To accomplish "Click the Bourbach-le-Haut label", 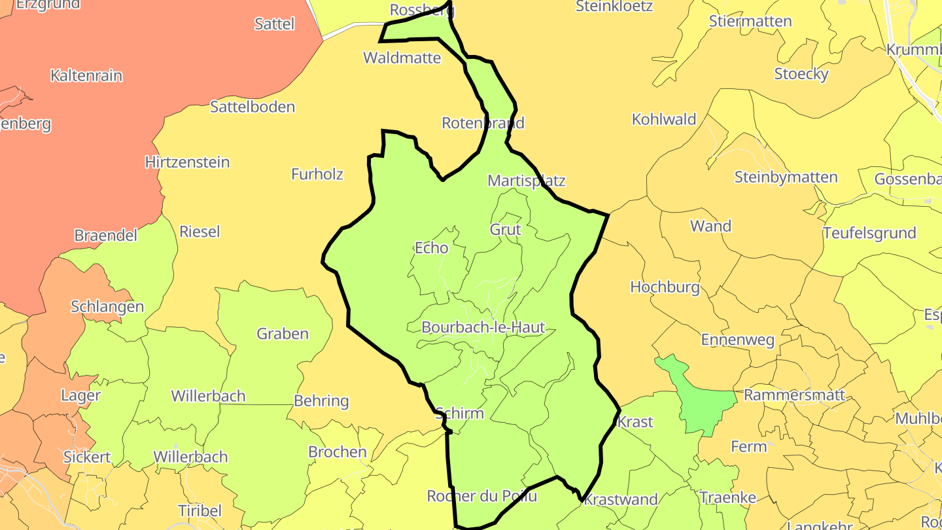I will [483, 327].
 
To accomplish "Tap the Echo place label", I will [432, 248].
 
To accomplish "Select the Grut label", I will [506, 230].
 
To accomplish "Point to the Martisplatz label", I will [527, 181].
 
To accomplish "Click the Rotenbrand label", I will [483, 123].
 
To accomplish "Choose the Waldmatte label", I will [402, 58].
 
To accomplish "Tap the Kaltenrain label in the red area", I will [86, 75].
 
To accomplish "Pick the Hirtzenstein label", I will [187, 162].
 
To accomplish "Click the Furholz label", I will [317, 174].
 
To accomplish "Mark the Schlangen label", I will [107, 307].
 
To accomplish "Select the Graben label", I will [283, 334].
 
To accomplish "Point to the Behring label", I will [322, 400].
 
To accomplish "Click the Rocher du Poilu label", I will [482, 496].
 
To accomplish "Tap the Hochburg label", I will [665, 287].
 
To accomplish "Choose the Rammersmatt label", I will [795, 395].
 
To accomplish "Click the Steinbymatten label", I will [786, 177].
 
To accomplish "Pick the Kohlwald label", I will [664, 120].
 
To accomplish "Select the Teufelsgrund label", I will [869, 233].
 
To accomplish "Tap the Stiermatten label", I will [750, 21].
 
